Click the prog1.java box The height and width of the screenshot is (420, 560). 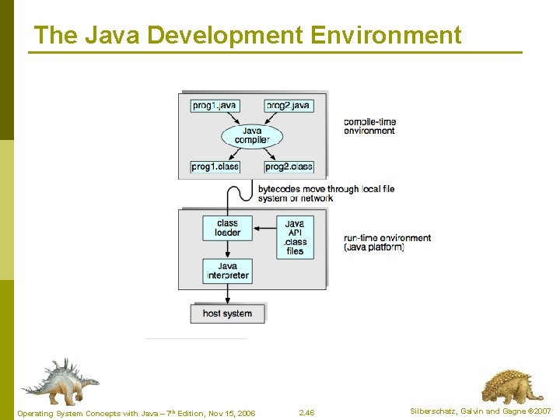pyautogui.click(x=214, y=105)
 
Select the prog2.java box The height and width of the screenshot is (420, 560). pyautogui.click(x=289, y=105)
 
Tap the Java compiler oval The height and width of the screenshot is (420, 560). pyautogui.click(x=252, y=136)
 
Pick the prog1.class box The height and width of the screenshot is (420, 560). pyautogui.click(x=215, y=166)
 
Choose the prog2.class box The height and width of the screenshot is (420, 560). pyautogui.click(x=289, y=166)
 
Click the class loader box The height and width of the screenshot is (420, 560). pyautogui.click(x=227, y=227)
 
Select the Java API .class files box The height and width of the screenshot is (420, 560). pyautogui.click(x=295, y=237)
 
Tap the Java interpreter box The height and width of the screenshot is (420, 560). pyautogui.click(x=227, y=271)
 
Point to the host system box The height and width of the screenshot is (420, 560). pyautogui.click(x=227, y=313)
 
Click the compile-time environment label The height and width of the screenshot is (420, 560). pyautogui.click(x=369, y=126)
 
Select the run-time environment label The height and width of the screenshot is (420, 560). pyautogui.click(x=387, y=243)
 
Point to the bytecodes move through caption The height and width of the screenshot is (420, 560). pyautogui.click(x=326, y=193)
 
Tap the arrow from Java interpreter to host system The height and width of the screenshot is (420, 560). pyautogui.click(x=227, y=293)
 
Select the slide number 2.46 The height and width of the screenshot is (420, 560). pyautogui.click(x=307, y=411)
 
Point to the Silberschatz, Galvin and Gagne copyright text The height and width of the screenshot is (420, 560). pyautogui.click(x=479, y=411)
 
